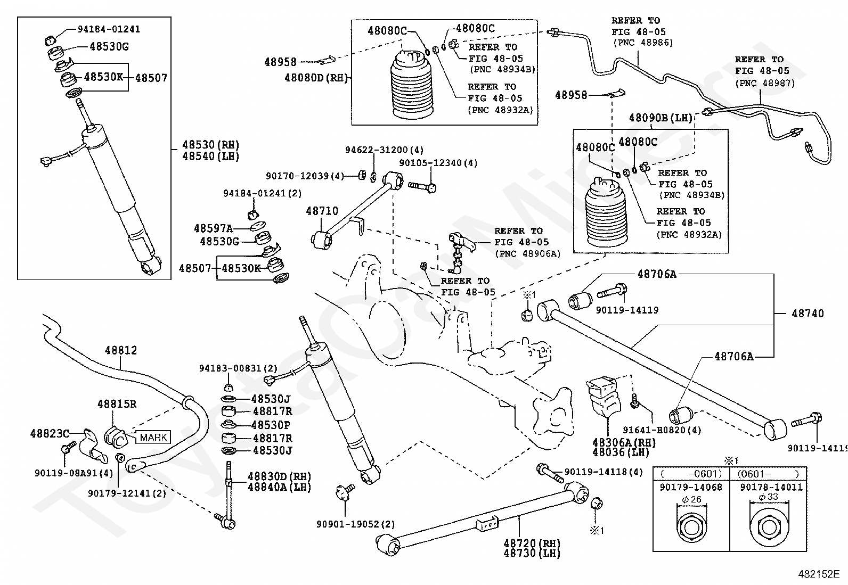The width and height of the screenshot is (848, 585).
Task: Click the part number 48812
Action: pos(121,350)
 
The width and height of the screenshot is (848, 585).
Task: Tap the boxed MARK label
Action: pos(153,438)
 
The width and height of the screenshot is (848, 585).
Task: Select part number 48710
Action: pos(322,211)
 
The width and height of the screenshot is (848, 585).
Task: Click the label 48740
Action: pos(808,314)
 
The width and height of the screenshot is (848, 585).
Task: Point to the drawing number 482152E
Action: pos(819,574)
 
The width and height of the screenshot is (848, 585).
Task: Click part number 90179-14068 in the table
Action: pos(691,487)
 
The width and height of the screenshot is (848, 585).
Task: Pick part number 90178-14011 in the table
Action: pos(771,487)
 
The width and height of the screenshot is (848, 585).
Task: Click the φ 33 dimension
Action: pos(769,497)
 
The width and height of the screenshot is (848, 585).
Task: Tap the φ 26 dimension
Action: pos(691,499)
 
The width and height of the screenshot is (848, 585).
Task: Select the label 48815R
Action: pos(117,404)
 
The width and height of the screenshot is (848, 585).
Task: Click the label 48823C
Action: pos(50,433)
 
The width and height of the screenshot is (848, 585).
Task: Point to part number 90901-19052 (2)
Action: pos(355,524)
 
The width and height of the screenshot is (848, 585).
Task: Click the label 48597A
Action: pos(213,228)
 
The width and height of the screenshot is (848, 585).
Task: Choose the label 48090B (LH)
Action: pos(661,118)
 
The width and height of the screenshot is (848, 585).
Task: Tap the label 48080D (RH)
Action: pos(316,78)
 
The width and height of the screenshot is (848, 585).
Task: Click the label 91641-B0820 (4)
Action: pos(662,430)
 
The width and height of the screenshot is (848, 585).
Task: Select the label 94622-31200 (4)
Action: pos(384,150)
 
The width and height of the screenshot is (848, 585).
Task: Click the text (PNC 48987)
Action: pos(765,83)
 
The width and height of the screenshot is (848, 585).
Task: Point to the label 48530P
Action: pos(271,425)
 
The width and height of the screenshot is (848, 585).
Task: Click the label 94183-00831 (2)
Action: pos(238,368)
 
